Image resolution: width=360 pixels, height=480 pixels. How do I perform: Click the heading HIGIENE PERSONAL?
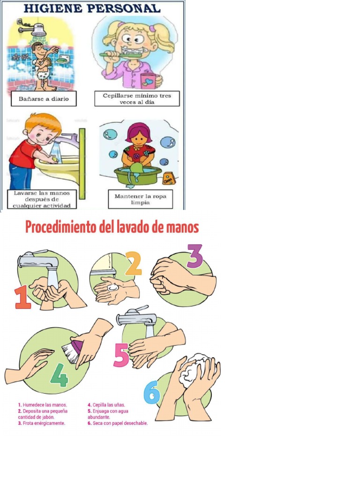coord(92,8)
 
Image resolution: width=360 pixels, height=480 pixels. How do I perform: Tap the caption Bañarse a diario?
coord(44,99)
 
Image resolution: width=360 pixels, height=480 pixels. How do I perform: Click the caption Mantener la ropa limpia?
coord(140,199)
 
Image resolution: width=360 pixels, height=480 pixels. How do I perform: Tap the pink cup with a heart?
coord(148,80)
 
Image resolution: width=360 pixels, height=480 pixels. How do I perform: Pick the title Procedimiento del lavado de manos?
coord(112,228)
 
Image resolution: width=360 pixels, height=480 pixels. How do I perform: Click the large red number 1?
coord(22,298)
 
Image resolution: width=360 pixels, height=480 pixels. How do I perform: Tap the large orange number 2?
coord(133,264)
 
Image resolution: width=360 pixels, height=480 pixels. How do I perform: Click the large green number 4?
coord(59,375)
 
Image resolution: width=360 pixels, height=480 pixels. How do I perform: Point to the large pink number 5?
coord(121,356)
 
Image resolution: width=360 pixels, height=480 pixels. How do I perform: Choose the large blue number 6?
coord(151,393)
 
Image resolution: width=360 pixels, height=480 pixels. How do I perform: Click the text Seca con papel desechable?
coord(117,423)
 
